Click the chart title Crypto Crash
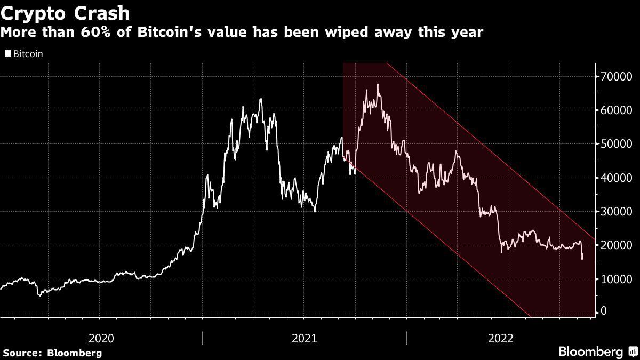[x=65, y=12]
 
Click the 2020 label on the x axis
[x=101, y=338]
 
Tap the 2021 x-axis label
[x=305, y=338]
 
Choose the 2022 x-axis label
[x=501, y=338]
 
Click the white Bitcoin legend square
[x=7, y=54]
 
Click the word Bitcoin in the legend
[x=28, y=54]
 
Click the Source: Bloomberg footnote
[x=52, y=353]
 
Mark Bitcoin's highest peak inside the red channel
[x=378, y=84]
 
